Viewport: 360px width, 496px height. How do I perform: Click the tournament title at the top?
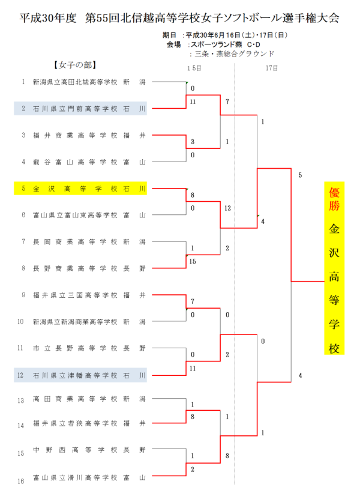click(179, 18)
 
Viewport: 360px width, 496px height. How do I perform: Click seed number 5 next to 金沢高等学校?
click(23, 188)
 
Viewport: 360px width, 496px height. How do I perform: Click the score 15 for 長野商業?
click(193, 261)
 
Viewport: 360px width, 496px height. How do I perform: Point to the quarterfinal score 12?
click(227, 208)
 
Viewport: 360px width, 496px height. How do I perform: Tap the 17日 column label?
click(271, 68)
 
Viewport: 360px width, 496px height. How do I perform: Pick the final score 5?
click(299, 175)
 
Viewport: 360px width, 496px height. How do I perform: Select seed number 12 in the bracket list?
click(21, 375)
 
